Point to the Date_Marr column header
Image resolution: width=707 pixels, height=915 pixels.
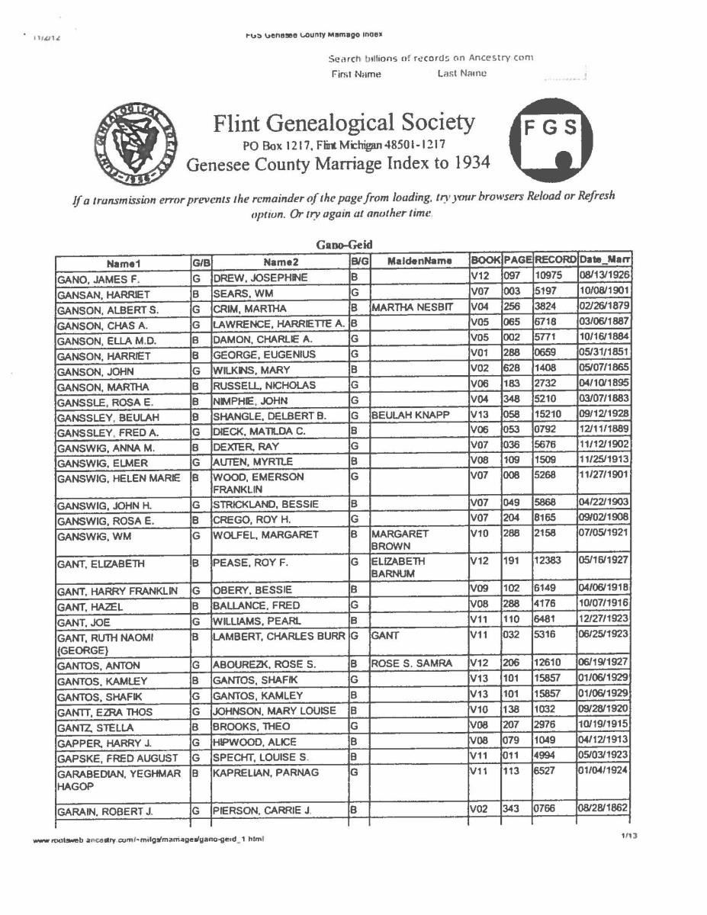point(606,262)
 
